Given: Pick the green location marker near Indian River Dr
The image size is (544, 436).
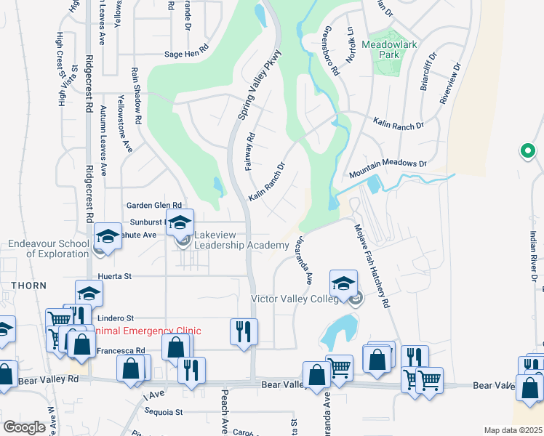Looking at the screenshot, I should point(527,151).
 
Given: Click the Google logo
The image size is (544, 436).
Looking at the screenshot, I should point(24,427).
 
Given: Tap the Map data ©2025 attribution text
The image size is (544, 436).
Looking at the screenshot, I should point(513,430).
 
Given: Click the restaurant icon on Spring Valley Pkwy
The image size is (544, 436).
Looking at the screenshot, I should point(244,331).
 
